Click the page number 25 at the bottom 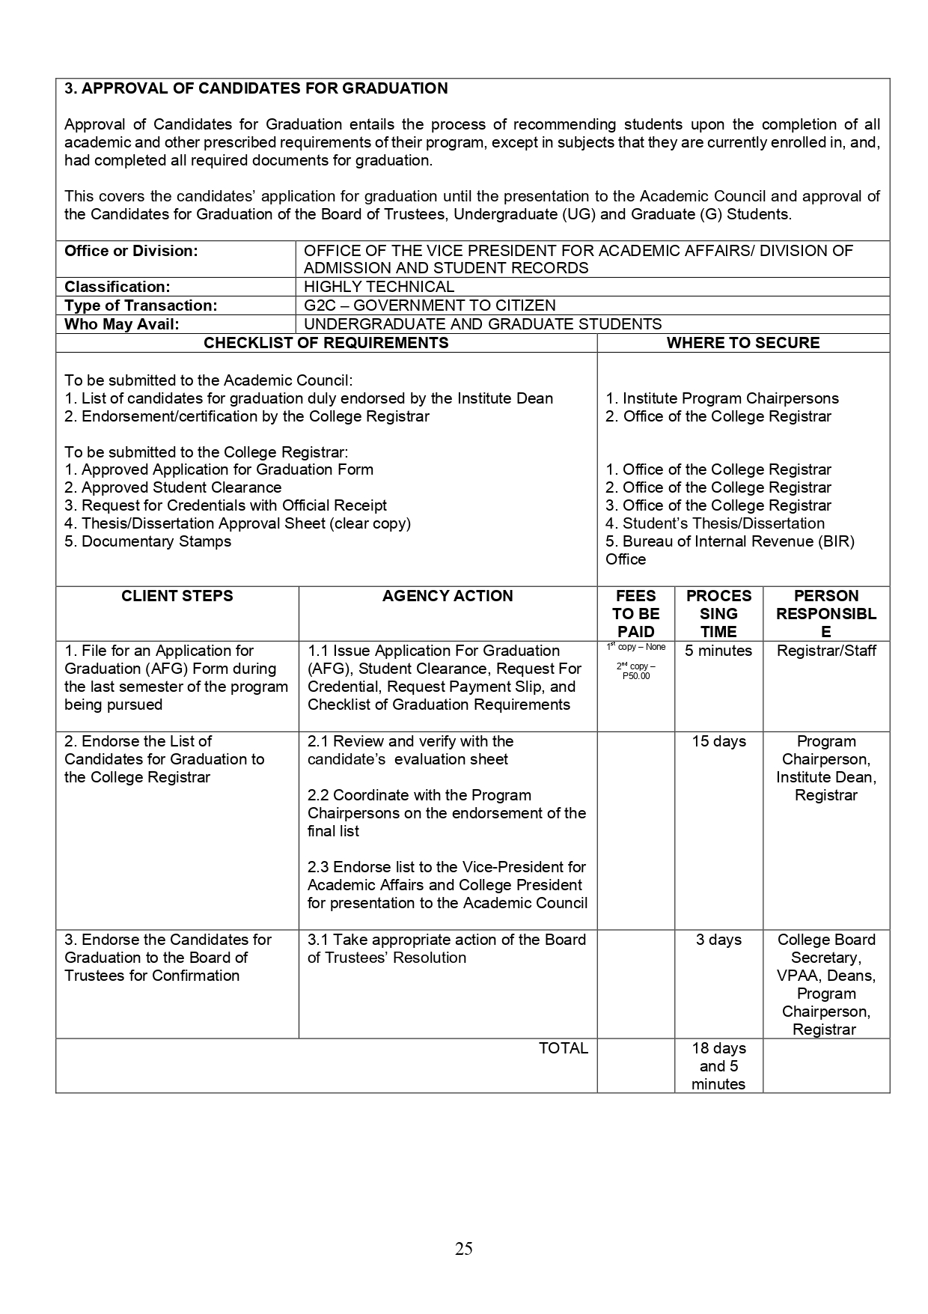tap(463, 1248)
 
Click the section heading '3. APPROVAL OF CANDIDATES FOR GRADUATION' tap(256, 88)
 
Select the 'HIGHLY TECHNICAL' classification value tap(379, 287)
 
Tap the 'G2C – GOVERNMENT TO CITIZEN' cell tap(430, 305)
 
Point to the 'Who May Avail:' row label tap(122, 324)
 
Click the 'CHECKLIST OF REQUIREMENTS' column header tap(326, 343)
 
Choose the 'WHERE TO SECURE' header tap(742, 343)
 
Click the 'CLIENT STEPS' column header tap(177, 596)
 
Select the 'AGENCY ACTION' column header tap(448, 596)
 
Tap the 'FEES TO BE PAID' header tap(635, 614)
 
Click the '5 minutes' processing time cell tap(718, 651)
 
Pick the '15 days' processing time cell tap(718, 741)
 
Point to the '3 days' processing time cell tap(718, 940)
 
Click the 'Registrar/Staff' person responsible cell tap(826, 651)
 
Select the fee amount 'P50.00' tap(636, 676)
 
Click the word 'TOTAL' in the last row tap(563, 1048)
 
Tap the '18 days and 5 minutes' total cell tap(718, 1066)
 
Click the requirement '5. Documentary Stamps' tap(148, 541)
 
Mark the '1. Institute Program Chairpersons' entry tap(722, 398)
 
